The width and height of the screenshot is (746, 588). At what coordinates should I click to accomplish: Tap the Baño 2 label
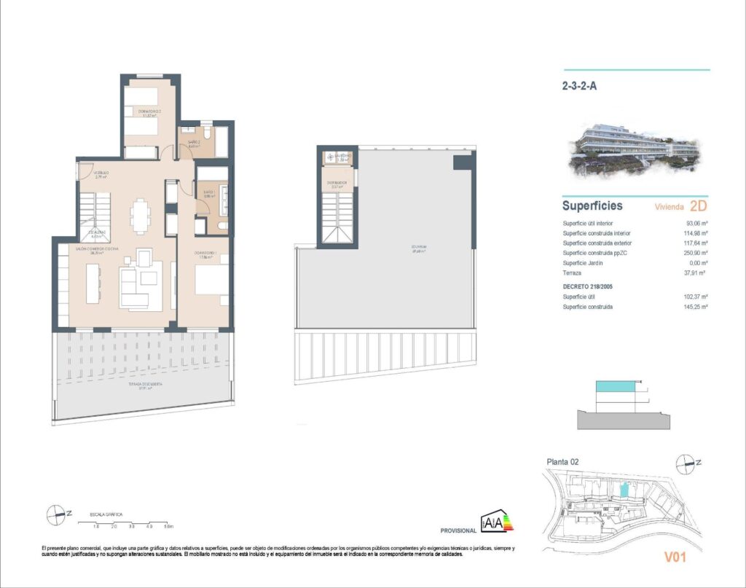(x=194, y=144)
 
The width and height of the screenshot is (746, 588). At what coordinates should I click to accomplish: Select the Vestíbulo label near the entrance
(x=100, y=174)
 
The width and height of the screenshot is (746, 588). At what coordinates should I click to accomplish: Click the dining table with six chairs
(x=141, y=215)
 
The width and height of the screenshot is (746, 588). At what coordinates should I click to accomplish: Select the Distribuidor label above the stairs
(x=337, y=184)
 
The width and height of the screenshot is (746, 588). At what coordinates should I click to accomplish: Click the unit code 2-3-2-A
(x=580, y=85)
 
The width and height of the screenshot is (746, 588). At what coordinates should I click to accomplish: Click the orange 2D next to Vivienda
(x=697, y=206)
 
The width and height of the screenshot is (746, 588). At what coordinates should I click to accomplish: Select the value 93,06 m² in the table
(x=697, y=224)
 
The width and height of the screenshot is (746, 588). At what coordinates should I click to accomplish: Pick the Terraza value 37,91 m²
(x=697, y=272)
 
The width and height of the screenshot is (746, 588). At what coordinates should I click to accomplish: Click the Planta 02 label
(x=563, y=461)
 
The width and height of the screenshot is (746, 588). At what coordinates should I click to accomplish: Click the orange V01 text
(x=677, y=559)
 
